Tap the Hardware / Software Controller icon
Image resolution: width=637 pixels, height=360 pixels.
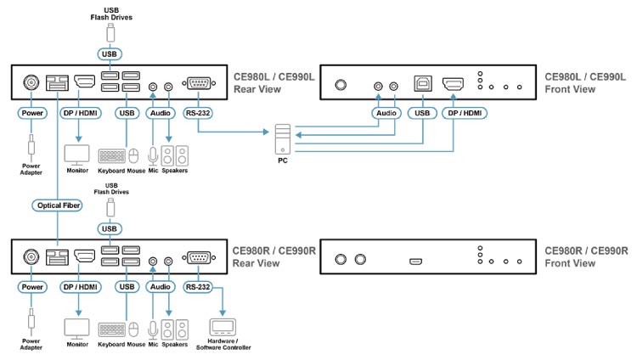coord(223,327)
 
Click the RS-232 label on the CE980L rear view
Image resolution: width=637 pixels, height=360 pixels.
coord(197,112)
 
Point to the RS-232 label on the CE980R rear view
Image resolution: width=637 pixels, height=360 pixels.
coord(197,286)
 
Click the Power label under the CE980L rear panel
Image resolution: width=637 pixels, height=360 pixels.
coord(31,112)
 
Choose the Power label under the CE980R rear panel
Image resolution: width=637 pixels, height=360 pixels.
coord(31,286)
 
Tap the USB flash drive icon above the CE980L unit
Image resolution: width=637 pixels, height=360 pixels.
coord(110,33)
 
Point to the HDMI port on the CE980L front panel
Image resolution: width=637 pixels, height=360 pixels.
coord(453,85)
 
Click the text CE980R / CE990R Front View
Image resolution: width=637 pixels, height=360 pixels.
coord(586,256)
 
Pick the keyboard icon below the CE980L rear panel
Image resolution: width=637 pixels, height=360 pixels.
coord(111,157)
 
